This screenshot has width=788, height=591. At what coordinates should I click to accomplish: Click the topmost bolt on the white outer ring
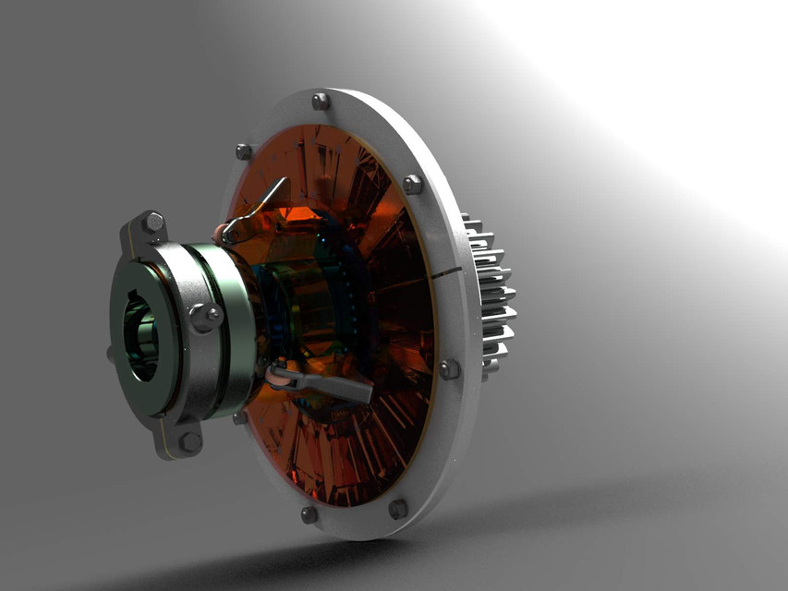point(321,101)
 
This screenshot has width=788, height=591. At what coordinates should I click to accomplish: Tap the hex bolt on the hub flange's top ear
point(152,223)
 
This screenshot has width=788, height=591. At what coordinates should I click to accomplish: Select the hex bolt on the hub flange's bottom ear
point(189,441)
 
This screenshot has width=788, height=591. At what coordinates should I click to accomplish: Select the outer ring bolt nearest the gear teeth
point(449,369)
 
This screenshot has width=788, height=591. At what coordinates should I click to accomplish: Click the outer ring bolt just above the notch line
point(412,184)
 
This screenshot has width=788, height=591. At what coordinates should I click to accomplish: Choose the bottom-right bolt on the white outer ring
point(398,508)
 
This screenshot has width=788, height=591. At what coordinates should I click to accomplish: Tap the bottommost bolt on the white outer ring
point(309,514)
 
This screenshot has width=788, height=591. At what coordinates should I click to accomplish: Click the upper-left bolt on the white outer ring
point(244,151)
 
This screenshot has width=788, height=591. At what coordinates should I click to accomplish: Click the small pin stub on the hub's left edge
point(110,353)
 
